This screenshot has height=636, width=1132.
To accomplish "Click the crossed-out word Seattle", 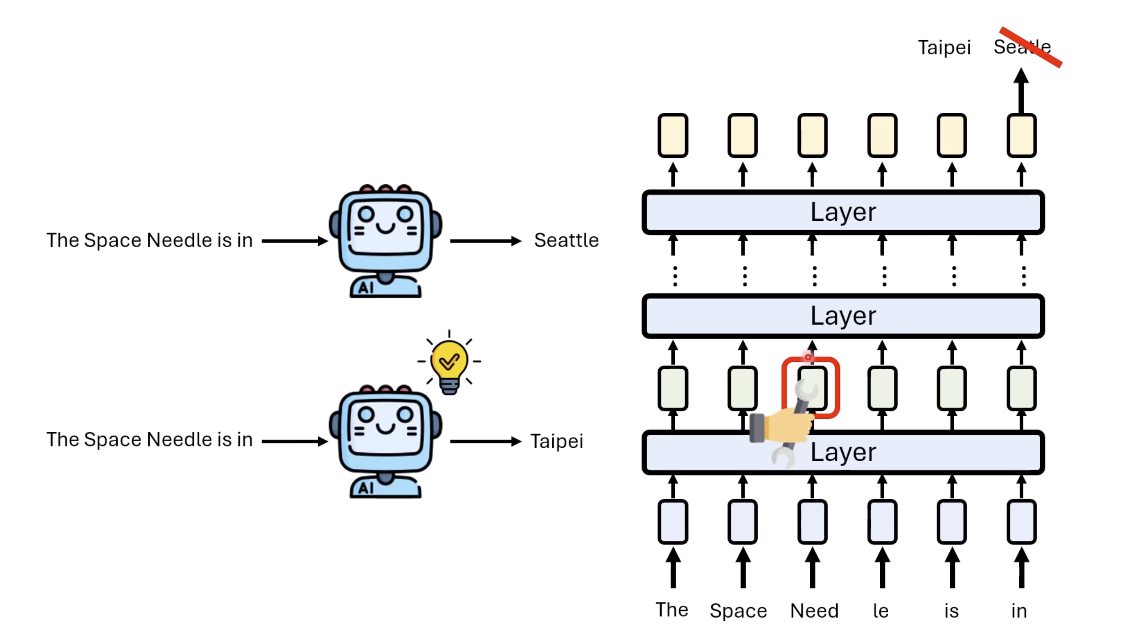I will pyautogui.click(x=1022, y=47).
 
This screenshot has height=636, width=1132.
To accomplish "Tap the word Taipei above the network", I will pyautogui.click(x=944, y=48).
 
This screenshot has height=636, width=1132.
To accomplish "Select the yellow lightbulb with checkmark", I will pyautogui.click(x=449, y=362).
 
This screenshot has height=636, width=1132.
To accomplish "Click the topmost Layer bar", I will pyautogui.click(x=843, y=212).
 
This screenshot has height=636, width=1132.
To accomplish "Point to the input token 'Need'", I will pyautogui.click(x=814, y=611).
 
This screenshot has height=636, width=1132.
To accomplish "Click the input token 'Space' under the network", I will pyautogui.click(x=738, y=611).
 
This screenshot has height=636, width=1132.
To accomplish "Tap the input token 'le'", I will pyautogui.click(x=881, y=611).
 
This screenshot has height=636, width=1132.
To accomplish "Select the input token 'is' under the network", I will pyautogui.click(x=951, y=611).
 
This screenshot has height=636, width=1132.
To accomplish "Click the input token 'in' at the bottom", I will pyautogui.click(x=1019, y=611).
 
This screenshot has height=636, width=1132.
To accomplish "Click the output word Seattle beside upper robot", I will pyautogui.click(x=566, y=240).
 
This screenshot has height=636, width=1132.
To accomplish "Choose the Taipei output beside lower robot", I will pyautogui.click(x=557, y=442).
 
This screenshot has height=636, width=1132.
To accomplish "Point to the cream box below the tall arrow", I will pyautogui.click(x=1021, y=136).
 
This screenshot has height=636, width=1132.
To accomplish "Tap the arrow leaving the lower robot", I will pyautogui.click(x=485, y=442).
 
